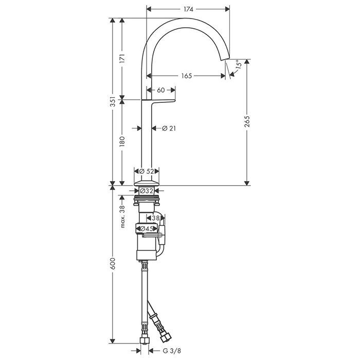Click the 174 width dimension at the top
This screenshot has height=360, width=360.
click(x=188, y=9)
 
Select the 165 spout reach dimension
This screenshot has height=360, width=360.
click(x=186, y=76)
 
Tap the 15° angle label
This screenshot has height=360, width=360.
click(x=238, y=64)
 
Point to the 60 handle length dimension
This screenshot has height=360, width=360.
click(x=160, y=90)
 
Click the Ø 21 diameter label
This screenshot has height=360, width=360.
click(x=169, y=129)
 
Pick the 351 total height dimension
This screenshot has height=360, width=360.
click(x=113, y=101)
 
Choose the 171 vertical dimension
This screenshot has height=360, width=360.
click(x=122, y=59)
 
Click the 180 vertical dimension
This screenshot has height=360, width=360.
click(x=122, y=141)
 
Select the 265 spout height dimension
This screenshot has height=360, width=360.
click(x=247, y=121)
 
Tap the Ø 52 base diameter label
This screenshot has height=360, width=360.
click(x=147, y=171)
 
